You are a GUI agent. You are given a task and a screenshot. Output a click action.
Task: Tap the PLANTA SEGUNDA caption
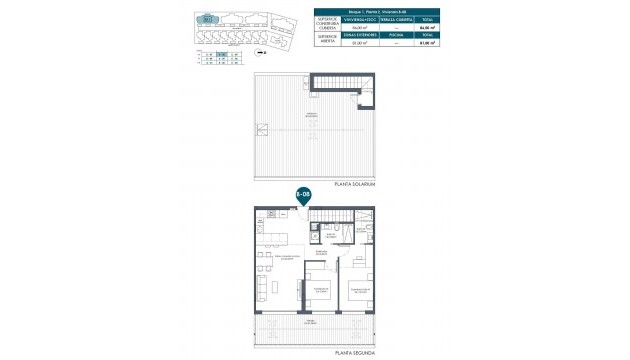point(357,352)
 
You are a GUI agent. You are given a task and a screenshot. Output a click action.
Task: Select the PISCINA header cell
point(392,35)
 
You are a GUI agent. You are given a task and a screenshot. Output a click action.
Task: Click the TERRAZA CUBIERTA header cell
point(392,20)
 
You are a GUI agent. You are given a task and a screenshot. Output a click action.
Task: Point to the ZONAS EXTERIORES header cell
point(357,35)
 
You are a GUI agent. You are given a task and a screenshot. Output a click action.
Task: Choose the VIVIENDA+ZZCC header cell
point(357,20)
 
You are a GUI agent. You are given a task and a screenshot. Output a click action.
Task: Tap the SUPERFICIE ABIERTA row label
point(327,39)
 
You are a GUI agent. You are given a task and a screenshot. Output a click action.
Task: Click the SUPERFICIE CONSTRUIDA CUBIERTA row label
point(327,24)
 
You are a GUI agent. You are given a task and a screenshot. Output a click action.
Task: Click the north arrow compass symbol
point(261,51)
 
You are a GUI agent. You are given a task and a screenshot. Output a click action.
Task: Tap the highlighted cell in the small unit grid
point(222,56)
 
